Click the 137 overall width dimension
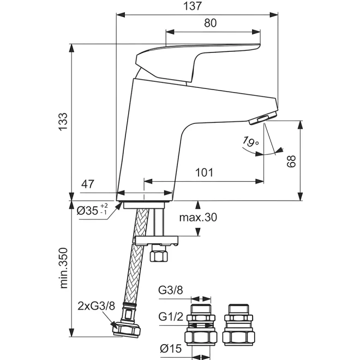[x=193, y=6]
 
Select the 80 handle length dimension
[x=210, y=23]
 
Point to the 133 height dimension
[x=63, y=122]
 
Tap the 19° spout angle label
[x=250, y=142]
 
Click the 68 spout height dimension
[x=291, y=161]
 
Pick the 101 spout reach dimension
[x=204, y=172]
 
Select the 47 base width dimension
[x=88, y=184]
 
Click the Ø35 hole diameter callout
[x=92, y=210]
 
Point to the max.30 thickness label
[x=198, y=217]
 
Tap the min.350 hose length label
[x=64, y=268]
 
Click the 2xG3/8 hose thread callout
[x=96, y=306]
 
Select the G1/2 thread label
[x=171, y=317]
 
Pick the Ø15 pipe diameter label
[x=171, y=349]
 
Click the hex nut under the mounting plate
[x=159, y=256]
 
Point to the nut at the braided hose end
[x=127, y=329]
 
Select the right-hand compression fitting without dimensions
[x=238, y=325]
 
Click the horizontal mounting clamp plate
[x=157, y=241]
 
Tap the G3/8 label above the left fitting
[x=171, y=290]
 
